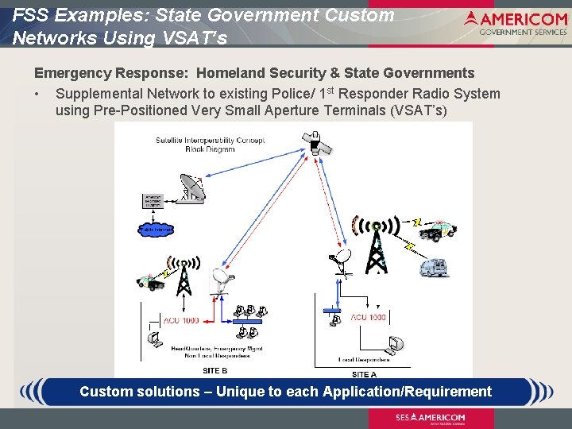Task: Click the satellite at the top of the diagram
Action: tap(315, 143)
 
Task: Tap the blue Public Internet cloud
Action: tap(157, 230)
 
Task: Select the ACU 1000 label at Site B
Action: tap(181, 320)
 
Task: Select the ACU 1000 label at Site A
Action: tap(369, 317)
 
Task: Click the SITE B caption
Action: tap(215, 371)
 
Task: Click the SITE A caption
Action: tap(365, 374)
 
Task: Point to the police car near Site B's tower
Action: tap(151, 281)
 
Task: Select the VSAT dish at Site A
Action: tap(342, 260)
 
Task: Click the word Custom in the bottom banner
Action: tap(108, 392)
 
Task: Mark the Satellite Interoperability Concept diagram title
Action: tap(211, 144)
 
